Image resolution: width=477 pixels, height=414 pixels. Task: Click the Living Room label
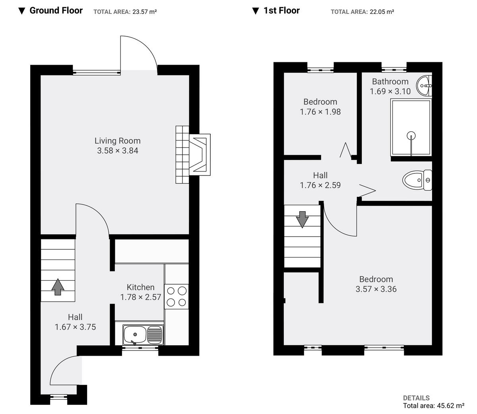click(117, 141)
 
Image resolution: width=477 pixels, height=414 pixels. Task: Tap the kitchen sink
click(143, 334)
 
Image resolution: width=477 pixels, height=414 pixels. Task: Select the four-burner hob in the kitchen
click(176, 297)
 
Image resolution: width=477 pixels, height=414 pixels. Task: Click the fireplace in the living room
click(199, 154)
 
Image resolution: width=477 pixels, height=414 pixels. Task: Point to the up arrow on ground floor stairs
click(58, 287)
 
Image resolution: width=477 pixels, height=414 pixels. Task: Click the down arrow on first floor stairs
click(302, 219)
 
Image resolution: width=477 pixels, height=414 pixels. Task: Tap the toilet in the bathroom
click(417, 180)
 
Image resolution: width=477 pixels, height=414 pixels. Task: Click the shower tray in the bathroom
click(411, 127)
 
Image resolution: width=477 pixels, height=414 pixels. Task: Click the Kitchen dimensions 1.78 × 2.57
click(140, 297)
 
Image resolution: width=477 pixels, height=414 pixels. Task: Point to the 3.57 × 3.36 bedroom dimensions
click(376, 289)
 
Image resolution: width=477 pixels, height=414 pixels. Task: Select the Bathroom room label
click(390, 81)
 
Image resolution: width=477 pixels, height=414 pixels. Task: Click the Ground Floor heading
click(56, 11)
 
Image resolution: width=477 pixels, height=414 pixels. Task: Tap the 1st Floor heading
click(281, 11)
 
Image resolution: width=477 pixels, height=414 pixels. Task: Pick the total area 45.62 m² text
click(434, 406)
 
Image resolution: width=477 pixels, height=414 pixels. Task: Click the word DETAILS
click(416, 398)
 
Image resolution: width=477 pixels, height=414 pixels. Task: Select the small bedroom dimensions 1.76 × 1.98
click(320, 112)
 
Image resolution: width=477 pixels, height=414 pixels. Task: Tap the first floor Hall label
click(320, 175)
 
